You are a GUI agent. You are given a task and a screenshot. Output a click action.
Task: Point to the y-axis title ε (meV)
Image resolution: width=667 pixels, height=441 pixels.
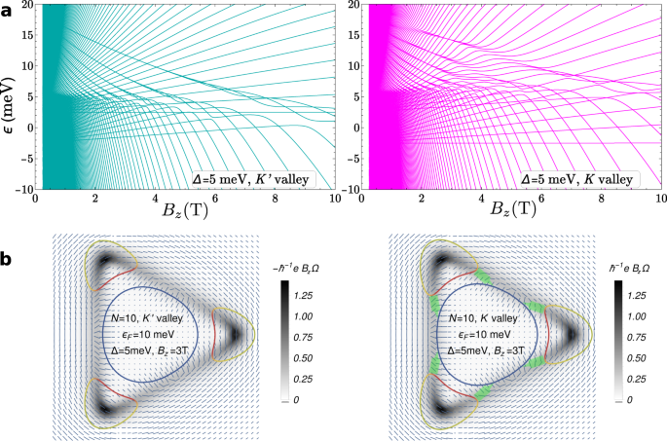coord(10,95)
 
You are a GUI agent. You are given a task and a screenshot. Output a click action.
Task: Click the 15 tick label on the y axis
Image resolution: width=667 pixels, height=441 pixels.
coord(24,35)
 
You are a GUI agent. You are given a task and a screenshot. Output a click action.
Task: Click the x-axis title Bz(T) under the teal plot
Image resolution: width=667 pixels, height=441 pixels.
coord(180,207)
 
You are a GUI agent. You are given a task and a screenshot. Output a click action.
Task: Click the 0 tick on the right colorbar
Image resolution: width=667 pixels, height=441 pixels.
coord(630,398)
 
